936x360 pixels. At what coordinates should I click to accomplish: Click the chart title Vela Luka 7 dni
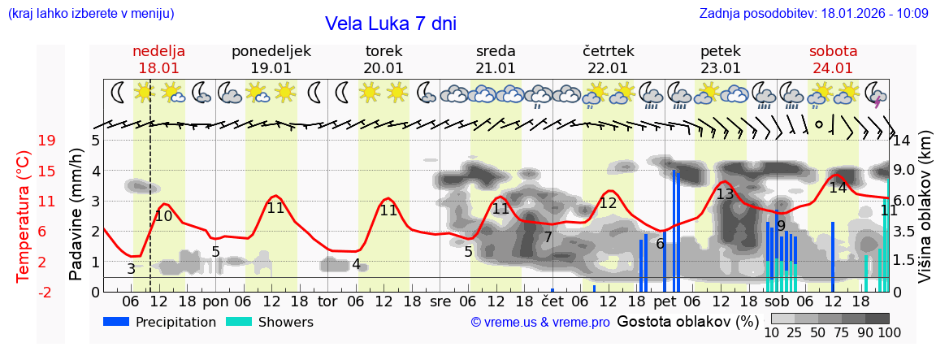click(391, 24)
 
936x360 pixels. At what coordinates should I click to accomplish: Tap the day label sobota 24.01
click(833, 59)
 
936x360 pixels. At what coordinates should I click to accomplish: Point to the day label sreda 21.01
click(496, 59)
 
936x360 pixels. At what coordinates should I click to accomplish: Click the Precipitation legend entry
click(160, 322)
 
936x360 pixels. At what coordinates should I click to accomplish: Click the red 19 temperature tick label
click(46, 141)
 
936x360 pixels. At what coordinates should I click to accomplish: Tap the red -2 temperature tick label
click(46, 293)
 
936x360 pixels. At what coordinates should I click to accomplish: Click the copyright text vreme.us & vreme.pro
click(540, 322)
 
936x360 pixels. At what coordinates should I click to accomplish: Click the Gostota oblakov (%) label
click(687, 321)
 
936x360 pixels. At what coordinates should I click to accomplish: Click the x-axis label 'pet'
click(665, 301)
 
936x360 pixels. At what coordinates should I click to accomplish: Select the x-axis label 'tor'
click(327, 301)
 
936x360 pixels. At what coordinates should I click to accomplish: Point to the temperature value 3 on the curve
click(132, 268)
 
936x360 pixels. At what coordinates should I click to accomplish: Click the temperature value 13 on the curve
click(724, 194)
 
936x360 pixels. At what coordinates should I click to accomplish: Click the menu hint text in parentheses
click(90, 13)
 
